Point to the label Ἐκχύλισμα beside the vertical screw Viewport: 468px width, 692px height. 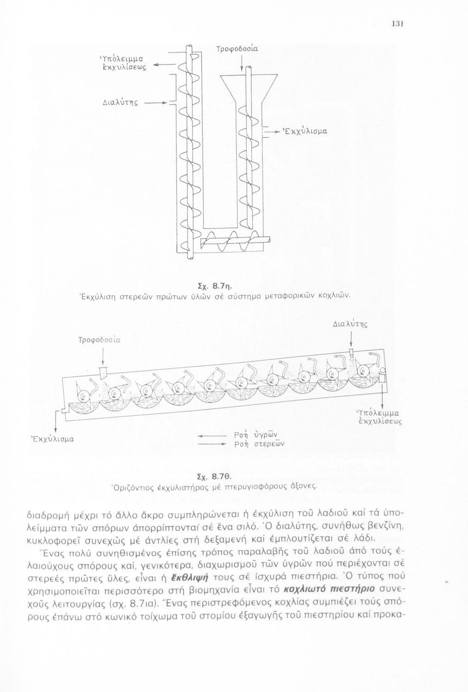point(305,131)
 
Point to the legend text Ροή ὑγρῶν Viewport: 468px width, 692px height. point(255,434)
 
